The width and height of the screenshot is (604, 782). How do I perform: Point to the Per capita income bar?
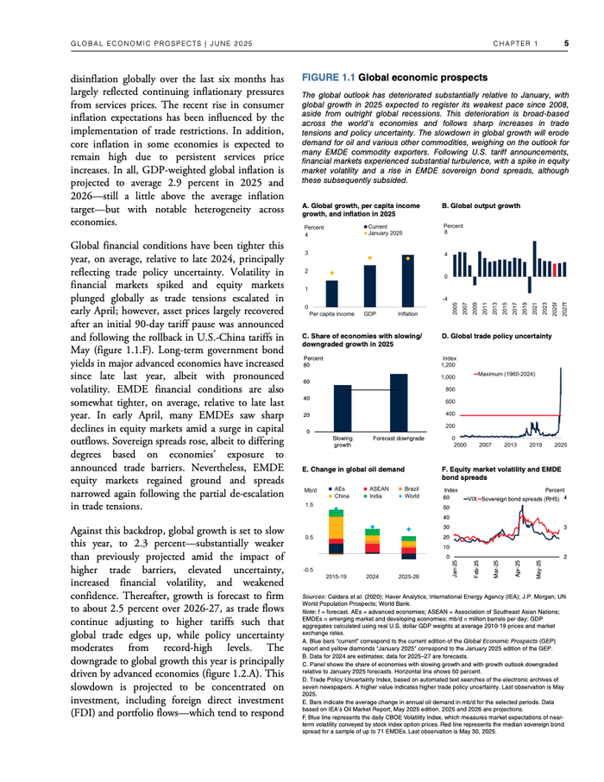(332, 293)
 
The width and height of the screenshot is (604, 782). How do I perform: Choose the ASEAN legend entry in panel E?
(380, 489)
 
